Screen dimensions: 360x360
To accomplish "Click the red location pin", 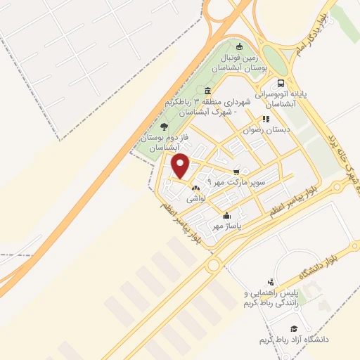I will click(181, 166).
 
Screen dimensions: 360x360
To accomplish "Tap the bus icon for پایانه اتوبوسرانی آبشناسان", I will click(281, 82).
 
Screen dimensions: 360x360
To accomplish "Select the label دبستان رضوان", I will click(261, 129).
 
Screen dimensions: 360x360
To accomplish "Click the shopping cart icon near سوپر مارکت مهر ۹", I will click(237, 171).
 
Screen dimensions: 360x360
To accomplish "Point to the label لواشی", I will click(195, 199).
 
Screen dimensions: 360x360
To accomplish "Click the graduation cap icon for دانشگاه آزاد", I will click(293, 328).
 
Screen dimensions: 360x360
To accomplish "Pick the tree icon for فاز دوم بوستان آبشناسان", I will click(164, 127).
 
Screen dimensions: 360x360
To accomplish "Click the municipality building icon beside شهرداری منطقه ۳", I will click(207, 91).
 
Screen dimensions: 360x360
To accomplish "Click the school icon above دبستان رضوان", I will click(265, 119).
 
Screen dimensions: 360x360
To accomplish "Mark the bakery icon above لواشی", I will click(195, 188).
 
